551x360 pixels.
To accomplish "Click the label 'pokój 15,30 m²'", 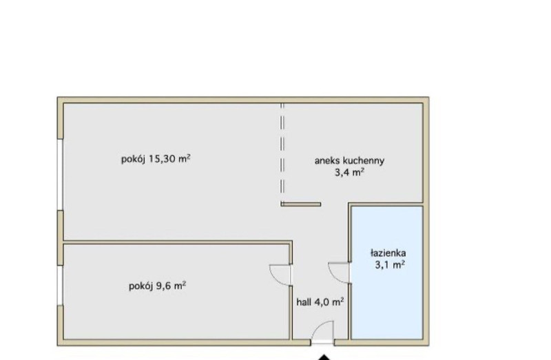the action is tap(156, 159).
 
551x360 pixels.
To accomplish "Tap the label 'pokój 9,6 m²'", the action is tap(158, 286).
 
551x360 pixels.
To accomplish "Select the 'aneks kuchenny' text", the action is tap(349, 161).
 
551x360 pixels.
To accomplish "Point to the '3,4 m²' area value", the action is tap(349, 173).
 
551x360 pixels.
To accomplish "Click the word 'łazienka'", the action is tap(388, 253).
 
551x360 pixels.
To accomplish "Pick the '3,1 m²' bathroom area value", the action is tap(390, 265).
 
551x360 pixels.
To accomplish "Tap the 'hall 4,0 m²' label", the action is tap(320, 302).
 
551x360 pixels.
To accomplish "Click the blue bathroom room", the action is tap(387, 273).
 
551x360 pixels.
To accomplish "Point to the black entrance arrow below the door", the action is tap(324, 357).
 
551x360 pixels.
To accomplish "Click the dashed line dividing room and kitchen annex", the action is tap(282, 153).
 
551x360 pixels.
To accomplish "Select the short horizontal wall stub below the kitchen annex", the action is tap(301, 204).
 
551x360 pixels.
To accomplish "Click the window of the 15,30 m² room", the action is tap(60, 174).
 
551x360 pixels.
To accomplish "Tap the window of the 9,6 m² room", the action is tap(60, 285).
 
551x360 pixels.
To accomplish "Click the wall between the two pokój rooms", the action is tap(178, 242).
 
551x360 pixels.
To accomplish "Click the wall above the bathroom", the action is tap(386, 204).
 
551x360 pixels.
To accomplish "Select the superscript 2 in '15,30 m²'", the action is tap(189, 157).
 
